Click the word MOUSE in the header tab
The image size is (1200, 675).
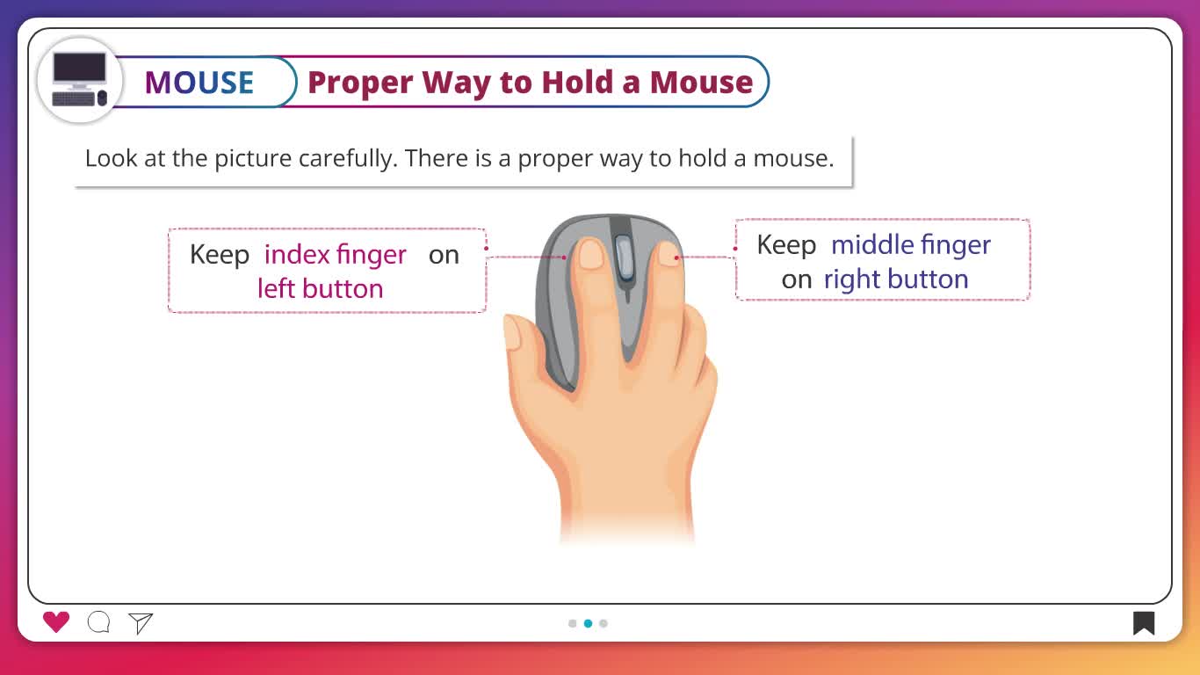point(199,83)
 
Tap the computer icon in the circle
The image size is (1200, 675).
point(79,79)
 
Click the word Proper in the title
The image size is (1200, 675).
point(360,83)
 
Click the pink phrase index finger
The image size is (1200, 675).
point(336,255)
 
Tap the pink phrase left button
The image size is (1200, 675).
point(321,288)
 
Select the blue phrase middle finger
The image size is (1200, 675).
point(911,245)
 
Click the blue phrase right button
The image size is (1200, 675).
point(896,279)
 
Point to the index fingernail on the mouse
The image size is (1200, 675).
point(591,254)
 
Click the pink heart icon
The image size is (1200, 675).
point(56,622)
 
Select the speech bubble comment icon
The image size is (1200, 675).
point(98,622)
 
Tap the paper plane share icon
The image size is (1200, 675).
point(141,623)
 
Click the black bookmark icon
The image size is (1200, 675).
point(1144,623)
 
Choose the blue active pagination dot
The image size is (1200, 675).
point(589,623)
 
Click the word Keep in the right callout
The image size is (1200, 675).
point(786,245)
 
